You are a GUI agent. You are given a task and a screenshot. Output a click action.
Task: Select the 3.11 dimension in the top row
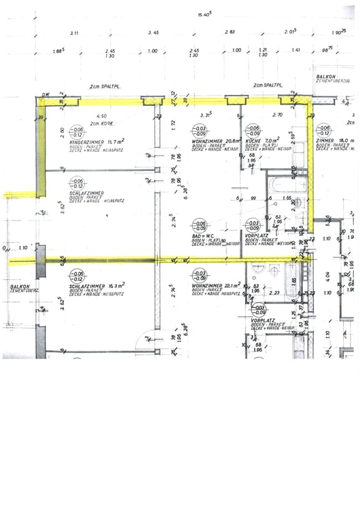pyautogui.click(x=74, y=33)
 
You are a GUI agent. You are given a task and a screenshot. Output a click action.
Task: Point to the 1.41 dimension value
pyautogui.click(x=295, y=50)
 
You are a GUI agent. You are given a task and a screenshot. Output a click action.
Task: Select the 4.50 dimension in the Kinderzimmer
pyautogui.click(x=103, y=116)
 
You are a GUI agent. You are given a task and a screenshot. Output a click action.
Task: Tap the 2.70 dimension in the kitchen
pyautogui.click(x=277, y=115)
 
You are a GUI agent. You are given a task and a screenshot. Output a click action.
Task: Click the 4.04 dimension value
pyautogui.click(x=329, y=276)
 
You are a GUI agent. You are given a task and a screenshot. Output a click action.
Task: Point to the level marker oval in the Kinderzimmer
pyautogui.click(x=78, y=131)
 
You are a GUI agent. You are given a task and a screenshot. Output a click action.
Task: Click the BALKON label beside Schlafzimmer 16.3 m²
pyautogui.click(x=18, y=287)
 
